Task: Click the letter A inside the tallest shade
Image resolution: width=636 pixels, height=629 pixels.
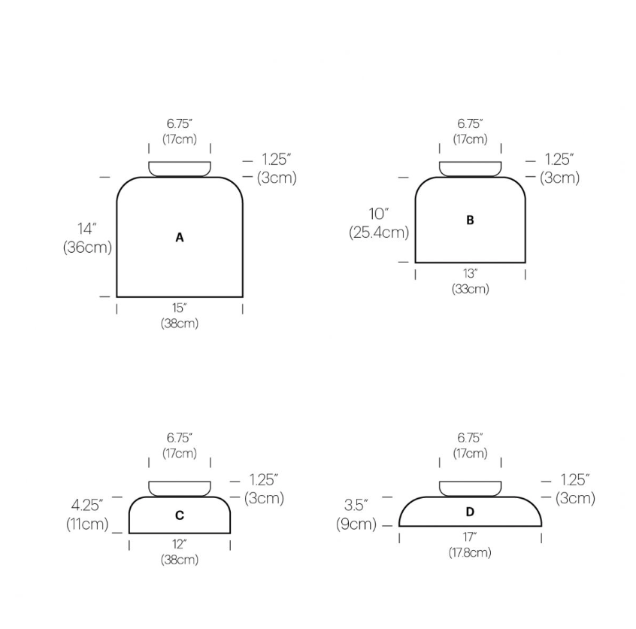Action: [179, 238]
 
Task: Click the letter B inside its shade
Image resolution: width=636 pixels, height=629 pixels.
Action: [470, 220]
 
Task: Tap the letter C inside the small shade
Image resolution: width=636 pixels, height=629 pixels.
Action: [179, 515]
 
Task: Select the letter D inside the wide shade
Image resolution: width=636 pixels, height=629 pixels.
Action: [470, 512]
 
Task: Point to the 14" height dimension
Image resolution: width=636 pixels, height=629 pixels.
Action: [87, 229]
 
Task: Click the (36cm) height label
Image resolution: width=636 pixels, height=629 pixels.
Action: [87, 248]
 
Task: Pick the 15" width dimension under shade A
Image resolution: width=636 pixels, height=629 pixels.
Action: [179, 308]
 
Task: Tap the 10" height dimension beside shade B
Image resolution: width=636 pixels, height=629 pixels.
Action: [379, 214]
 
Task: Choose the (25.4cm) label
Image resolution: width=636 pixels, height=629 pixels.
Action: [379, 232]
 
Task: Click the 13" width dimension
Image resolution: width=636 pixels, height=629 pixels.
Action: [470, 274]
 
